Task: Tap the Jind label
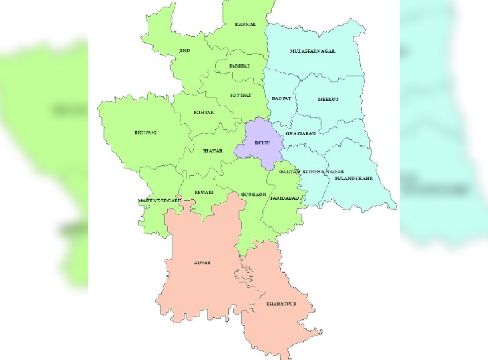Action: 184,51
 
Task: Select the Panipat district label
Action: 239,66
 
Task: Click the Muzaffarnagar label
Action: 312,51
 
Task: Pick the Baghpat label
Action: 280,98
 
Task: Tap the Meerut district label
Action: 328,99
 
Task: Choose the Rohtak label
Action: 203,112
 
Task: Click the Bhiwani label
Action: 145,133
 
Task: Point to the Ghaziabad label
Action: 300,134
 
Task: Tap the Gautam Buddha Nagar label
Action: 307,172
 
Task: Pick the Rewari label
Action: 203,191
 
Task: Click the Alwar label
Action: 202,263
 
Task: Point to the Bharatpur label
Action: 281,304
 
